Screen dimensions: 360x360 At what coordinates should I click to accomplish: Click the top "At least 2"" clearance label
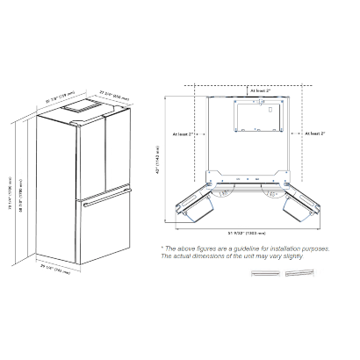click(262, 90)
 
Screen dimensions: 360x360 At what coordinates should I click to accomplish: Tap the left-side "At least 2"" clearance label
click(187, 134)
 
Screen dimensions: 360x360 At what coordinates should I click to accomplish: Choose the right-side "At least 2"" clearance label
click(313, 134)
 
